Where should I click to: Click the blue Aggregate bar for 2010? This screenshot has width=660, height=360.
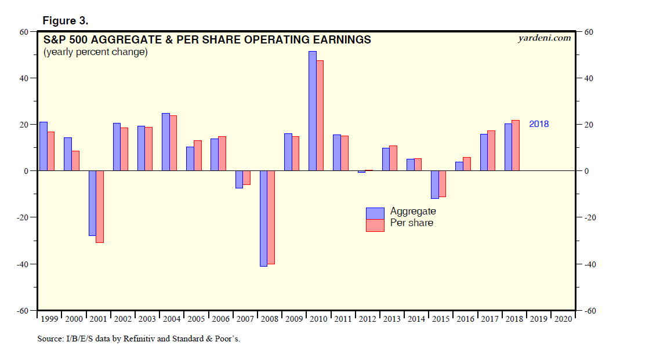312,111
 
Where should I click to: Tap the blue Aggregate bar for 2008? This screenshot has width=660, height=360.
263,218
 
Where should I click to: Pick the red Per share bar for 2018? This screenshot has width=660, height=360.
516,146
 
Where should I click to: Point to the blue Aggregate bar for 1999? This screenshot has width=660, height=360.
43,146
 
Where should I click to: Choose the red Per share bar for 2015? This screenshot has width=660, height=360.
443,184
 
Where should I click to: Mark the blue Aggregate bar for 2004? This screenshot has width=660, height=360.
165,142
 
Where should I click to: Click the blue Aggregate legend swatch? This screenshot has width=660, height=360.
375,213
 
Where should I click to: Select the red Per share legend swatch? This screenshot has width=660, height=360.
375,225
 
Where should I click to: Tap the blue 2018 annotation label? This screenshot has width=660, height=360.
538,124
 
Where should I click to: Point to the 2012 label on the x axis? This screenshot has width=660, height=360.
367,319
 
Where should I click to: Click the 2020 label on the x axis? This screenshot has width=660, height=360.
562,319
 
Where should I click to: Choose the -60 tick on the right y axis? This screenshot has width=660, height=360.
588,311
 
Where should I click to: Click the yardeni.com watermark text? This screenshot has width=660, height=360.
543,38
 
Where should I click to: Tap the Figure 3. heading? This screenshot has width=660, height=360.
66,21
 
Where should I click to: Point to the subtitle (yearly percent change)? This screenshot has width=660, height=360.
95,52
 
